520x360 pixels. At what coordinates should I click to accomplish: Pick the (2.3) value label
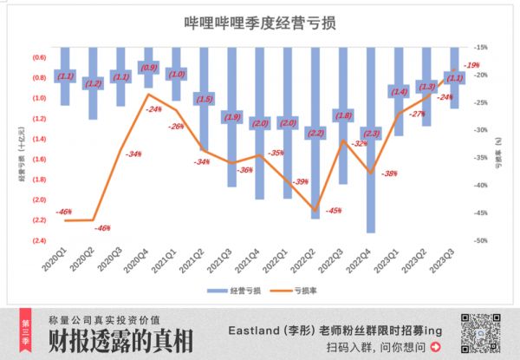coord(371,134)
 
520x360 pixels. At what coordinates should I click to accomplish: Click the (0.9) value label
coord(148,67)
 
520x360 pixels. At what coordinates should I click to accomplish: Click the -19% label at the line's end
coord(471,66)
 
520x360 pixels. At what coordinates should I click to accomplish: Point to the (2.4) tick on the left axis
coord(39,240)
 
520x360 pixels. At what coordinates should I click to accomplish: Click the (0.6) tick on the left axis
coord(39,57)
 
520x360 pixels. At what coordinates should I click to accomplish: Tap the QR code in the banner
coord(480,333)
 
